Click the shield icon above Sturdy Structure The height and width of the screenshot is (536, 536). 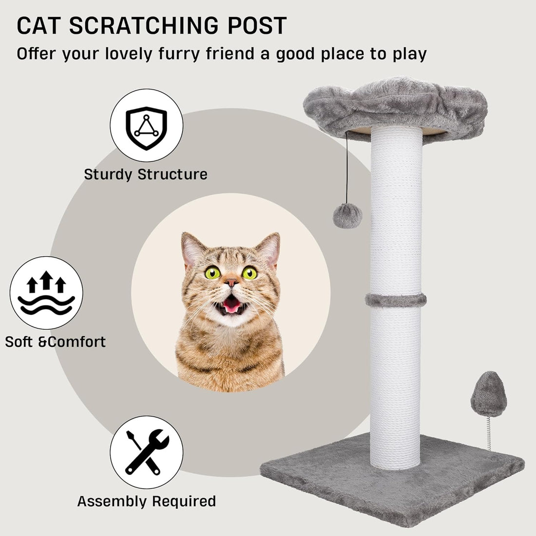pyautogui.click(x=146, y=125)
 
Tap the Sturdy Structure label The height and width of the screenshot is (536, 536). pyautogui.click(x=146, y=174)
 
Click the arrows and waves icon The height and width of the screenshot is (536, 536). pyautogui.click(x=46, y=293)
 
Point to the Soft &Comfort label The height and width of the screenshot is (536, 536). pyautogui.click(x=55, y=342)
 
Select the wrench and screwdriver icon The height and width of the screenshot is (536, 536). pyautogui.click(x=147, y=452)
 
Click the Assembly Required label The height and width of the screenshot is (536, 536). pyautogui.click(x=146, y=501)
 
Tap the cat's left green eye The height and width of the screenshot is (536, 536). pyautogui.click(x=212, y=272)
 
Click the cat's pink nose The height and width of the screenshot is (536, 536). pyautogui.click(x=231, y=283)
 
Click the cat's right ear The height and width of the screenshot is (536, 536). pyautogui.click(x=269, y=249)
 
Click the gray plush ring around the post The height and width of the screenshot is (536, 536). pyautogui.click(x=396, y=300)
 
